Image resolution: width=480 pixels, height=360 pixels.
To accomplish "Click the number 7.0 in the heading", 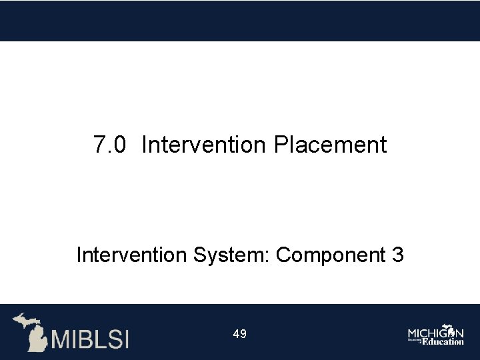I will point(109,145).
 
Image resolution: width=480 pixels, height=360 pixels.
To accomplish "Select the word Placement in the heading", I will point(330,145).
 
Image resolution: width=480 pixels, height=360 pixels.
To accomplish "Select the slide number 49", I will point(240,333).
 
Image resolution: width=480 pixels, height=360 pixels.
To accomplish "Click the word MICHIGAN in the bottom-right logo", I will point(435,333).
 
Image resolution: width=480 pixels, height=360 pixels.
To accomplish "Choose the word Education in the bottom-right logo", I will point(442,341).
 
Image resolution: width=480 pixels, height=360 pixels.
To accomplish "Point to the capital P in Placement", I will point(280,145).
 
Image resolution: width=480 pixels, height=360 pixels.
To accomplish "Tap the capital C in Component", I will point(283,255).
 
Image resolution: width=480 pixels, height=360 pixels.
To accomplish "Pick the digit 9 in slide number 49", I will point(243,333).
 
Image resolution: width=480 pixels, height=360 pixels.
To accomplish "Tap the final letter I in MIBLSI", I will point(125,339).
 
